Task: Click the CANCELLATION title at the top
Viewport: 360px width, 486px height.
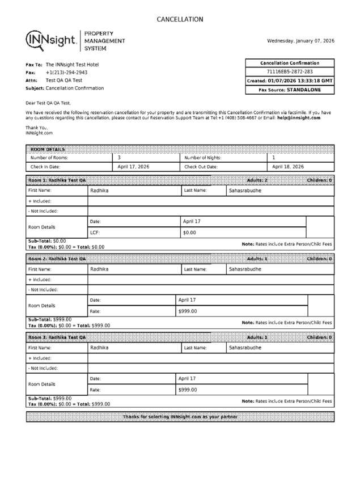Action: point(180,19)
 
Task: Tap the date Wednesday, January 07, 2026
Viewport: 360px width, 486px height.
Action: point(300,41)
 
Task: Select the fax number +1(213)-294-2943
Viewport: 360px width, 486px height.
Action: point(66,73)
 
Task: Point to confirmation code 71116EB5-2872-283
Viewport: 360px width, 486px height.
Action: point(289,72)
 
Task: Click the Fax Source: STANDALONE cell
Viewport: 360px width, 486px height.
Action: point(289,90)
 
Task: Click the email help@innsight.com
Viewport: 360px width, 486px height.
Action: point(299,118)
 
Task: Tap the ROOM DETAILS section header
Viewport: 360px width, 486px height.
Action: point(48,149)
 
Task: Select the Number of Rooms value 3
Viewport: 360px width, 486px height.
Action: point(119,158)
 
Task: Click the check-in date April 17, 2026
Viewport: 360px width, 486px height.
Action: point(133,167)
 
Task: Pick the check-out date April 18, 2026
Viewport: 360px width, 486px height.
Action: point(288,167)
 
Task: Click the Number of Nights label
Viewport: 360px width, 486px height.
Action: point(203,158)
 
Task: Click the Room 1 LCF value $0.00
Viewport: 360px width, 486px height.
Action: point(189,233)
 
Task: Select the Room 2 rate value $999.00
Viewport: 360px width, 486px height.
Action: point(188,311)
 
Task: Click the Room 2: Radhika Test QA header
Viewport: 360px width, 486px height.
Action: point(57,259)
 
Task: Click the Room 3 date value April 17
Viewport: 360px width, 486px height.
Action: point(187,378)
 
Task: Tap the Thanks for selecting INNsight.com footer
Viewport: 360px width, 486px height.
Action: point(180,417)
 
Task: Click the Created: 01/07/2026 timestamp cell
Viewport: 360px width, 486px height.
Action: point(289,81)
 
